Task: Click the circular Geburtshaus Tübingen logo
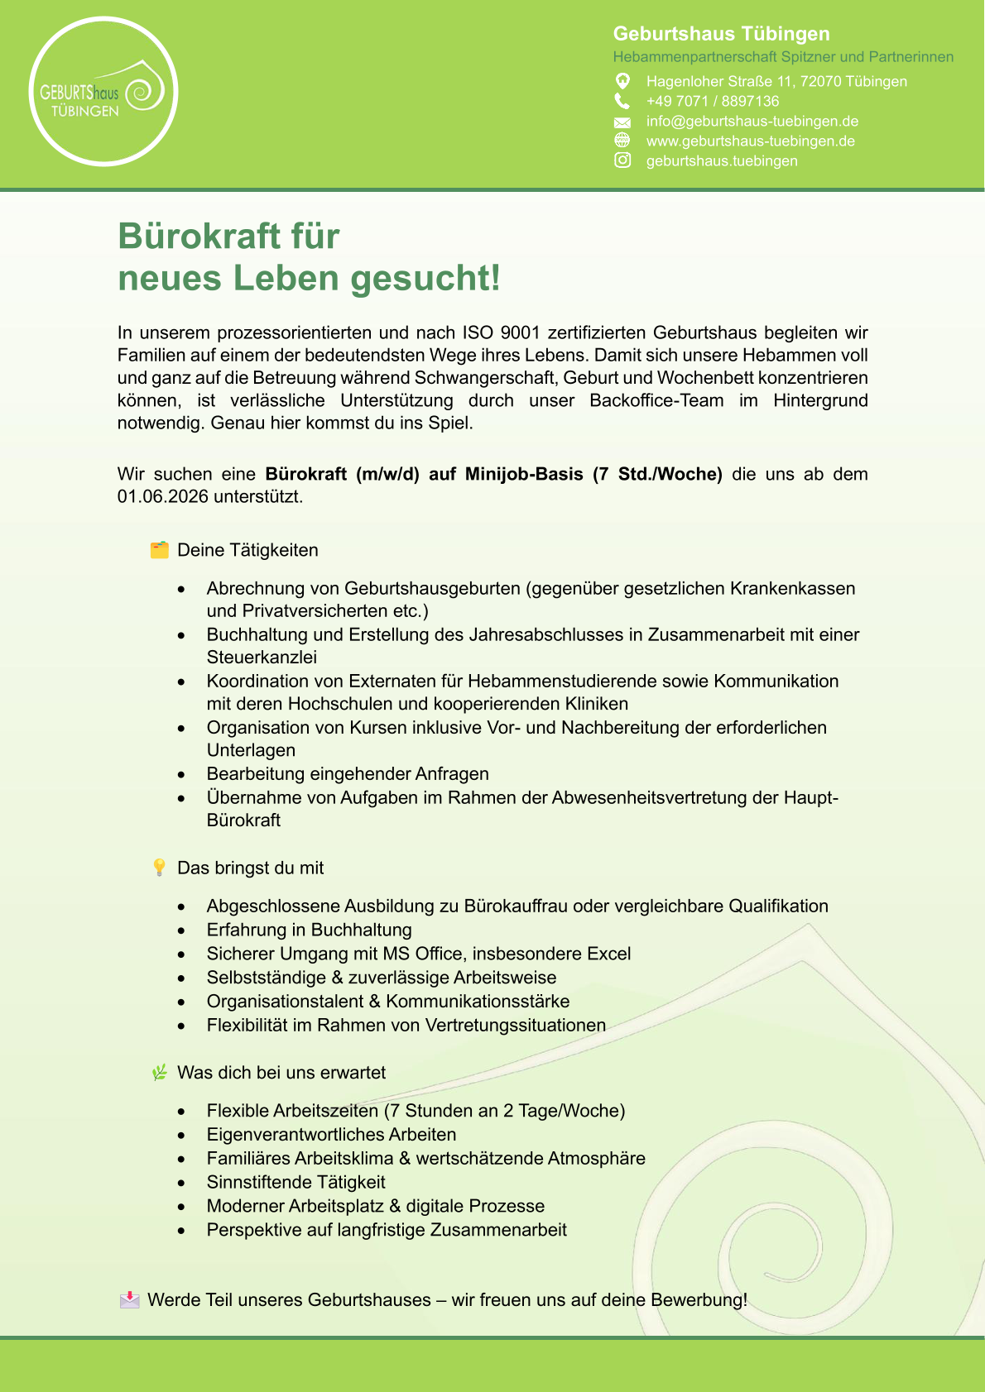[x=103, y=92]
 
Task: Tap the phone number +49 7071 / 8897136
[x=712, y=101]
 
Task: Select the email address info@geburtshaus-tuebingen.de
[x=752, y=121]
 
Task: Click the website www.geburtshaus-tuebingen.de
[x=750, y=141]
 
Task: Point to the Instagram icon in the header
[x=622, y=160]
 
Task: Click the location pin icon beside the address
[x=622, y=81]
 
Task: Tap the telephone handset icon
[x=622, y=101]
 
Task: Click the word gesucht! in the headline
[x=425, y=279]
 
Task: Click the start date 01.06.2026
[x=163, y=496]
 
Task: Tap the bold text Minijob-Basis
[x=524, y=474]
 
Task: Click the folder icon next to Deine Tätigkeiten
[x=160, y=550]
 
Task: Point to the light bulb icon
[x=160, y=868]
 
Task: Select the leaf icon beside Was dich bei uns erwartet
[x=160, y=1073]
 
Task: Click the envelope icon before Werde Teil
[x=130, y=1299]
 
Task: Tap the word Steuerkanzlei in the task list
[x=262, y=657]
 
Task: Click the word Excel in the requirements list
[x=608, y=954]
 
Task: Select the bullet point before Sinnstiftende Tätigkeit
[x=181, y=1184]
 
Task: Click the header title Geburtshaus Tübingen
[x=721, y=34]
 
